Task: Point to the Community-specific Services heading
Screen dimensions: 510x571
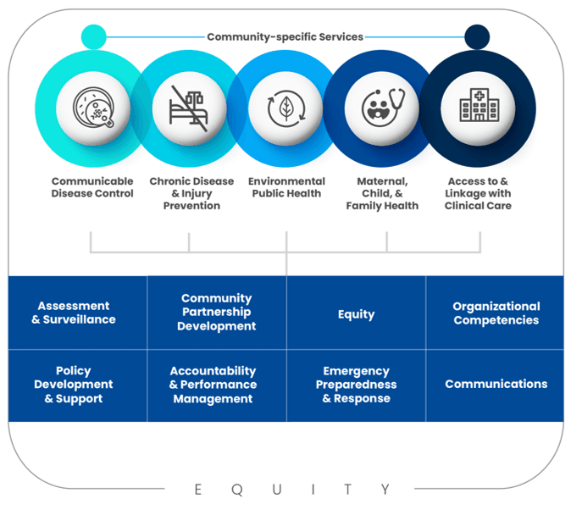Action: click(285, 37)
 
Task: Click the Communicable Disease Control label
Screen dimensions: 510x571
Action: click(92, 187)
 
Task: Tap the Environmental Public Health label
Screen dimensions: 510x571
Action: click(286, 187)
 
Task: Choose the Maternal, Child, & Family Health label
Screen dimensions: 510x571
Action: click(382, 193)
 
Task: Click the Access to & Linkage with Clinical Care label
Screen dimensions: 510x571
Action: click(478, 193)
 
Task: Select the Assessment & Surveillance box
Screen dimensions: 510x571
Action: click(78, 313)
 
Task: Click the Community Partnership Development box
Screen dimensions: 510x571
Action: click(217, 312)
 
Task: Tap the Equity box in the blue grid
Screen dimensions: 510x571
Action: click(356, 313)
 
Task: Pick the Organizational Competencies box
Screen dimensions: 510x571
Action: click(496, 313)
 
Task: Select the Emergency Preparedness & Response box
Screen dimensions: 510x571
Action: click(356, 385)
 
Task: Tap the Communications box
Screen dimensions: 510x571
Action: click(496, 384)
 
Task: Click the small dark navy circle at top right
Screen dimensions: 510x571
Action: click(477, 37)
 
